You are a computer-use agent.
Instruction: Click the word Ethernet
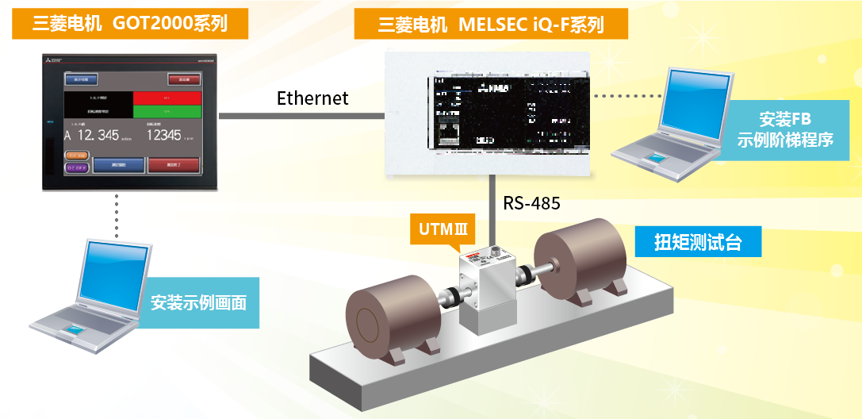[x=312, y=98]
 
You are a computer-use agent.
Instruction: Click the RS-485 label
[x=531, y=203]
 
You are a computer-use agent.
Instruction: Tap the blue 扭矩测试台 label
[x=698, y=242]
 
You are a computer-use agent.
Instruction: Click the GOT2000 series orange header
[x=130, y=24]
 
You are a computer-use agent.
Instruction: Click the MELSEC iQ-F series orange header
[x=492, y=25]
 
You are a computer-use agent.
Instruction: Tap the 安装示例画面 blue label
[x=198, y=302]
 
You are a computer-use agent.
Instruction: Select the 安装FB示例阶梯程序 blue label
[x=795, y=130]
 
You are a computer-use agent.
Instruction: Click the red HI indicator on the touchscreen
[x=167, y=98]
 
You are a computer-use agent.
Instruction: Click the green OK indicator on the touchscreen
[x=167, y=112]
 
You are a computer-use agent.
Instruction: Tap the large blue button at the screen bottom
[x=118, y=165]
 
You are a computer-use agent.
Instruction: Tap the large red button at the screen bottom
[x=172, y=165]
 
